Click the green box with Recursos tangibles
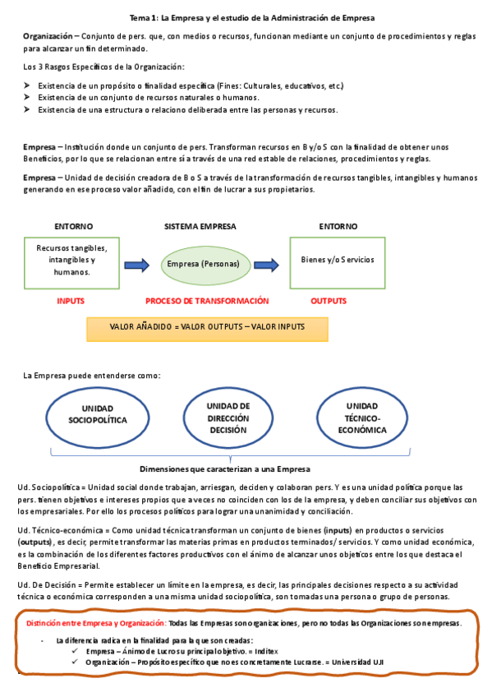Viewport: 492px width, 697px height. [71, 260]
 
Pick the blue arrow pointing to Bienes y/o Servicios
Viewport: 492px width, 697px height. [264, 264]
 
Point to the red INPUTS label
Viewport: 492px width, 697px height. [71, 302]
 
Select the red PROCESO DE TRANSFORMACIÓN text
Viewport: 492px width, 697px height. [207, 302]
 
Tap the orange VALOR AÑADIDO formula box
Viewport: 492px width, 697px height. [207, 327]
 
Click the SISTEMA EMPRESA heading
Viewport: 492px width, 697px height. [200, 226]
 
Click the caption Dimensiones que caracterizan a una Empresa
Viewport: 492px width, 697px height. [225, 469]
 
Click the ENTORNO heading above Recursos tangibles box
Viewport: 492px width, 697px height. [73, 226]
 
